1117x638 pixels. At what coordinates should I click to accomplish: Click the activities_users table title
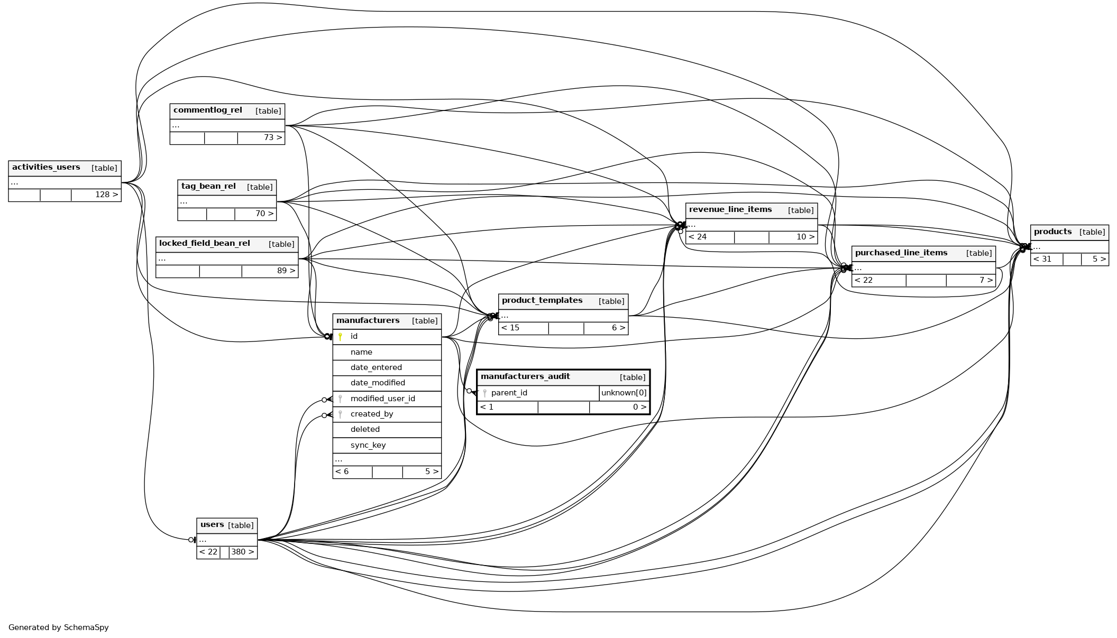click(x=46, y=168)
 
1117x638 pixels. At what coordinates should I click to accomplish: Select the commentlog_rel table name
click(x=207, y=110)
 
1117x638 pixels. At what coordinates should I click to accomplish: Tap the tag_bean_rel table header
click(x=208, y=187)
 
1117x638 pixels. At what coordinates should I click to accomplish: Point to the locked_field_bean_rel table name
click(x=204, y=244)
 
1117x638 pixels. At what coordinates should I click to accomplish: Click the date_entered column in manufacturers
click(x=376, y=367)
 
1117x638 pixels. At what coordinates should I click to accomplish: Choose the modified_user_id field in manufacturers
click(x=382, y=399)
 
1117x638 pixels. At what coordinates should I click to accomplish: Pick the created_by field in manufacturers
click(x=371, y=414)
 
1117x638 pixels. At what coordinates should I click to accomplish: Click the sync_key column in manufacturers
click(x=368, y=445)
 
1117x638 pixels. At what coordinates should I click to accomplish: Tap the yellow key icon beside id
click(x=340, y=336)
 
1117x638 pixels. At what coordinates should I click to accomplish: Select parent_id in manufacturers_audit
click(x=509, y=393)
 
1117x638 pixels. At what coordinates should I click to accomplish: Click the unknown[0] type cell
click(x=624, y=393)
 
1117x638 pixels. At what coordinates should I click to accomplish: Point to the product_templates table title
click(x=542, y=301)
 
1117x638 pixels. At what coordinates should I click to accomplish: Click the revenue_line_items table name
click(x=730, y=210)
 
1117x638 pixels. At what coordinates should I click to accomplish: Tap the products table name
click(x=1052, y=232)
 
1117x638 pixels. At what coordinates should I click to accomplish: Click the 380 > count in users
click(x=243, y=552)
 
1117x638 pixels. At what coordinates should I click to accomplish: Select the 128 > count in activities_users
click(x=106, y=195)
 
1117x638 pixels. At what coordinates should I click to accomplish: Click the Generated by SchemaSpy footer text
click(x=58, y=627)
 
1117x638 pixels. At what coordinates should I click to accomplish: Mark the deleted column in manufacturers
click(x=365, y=429)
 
